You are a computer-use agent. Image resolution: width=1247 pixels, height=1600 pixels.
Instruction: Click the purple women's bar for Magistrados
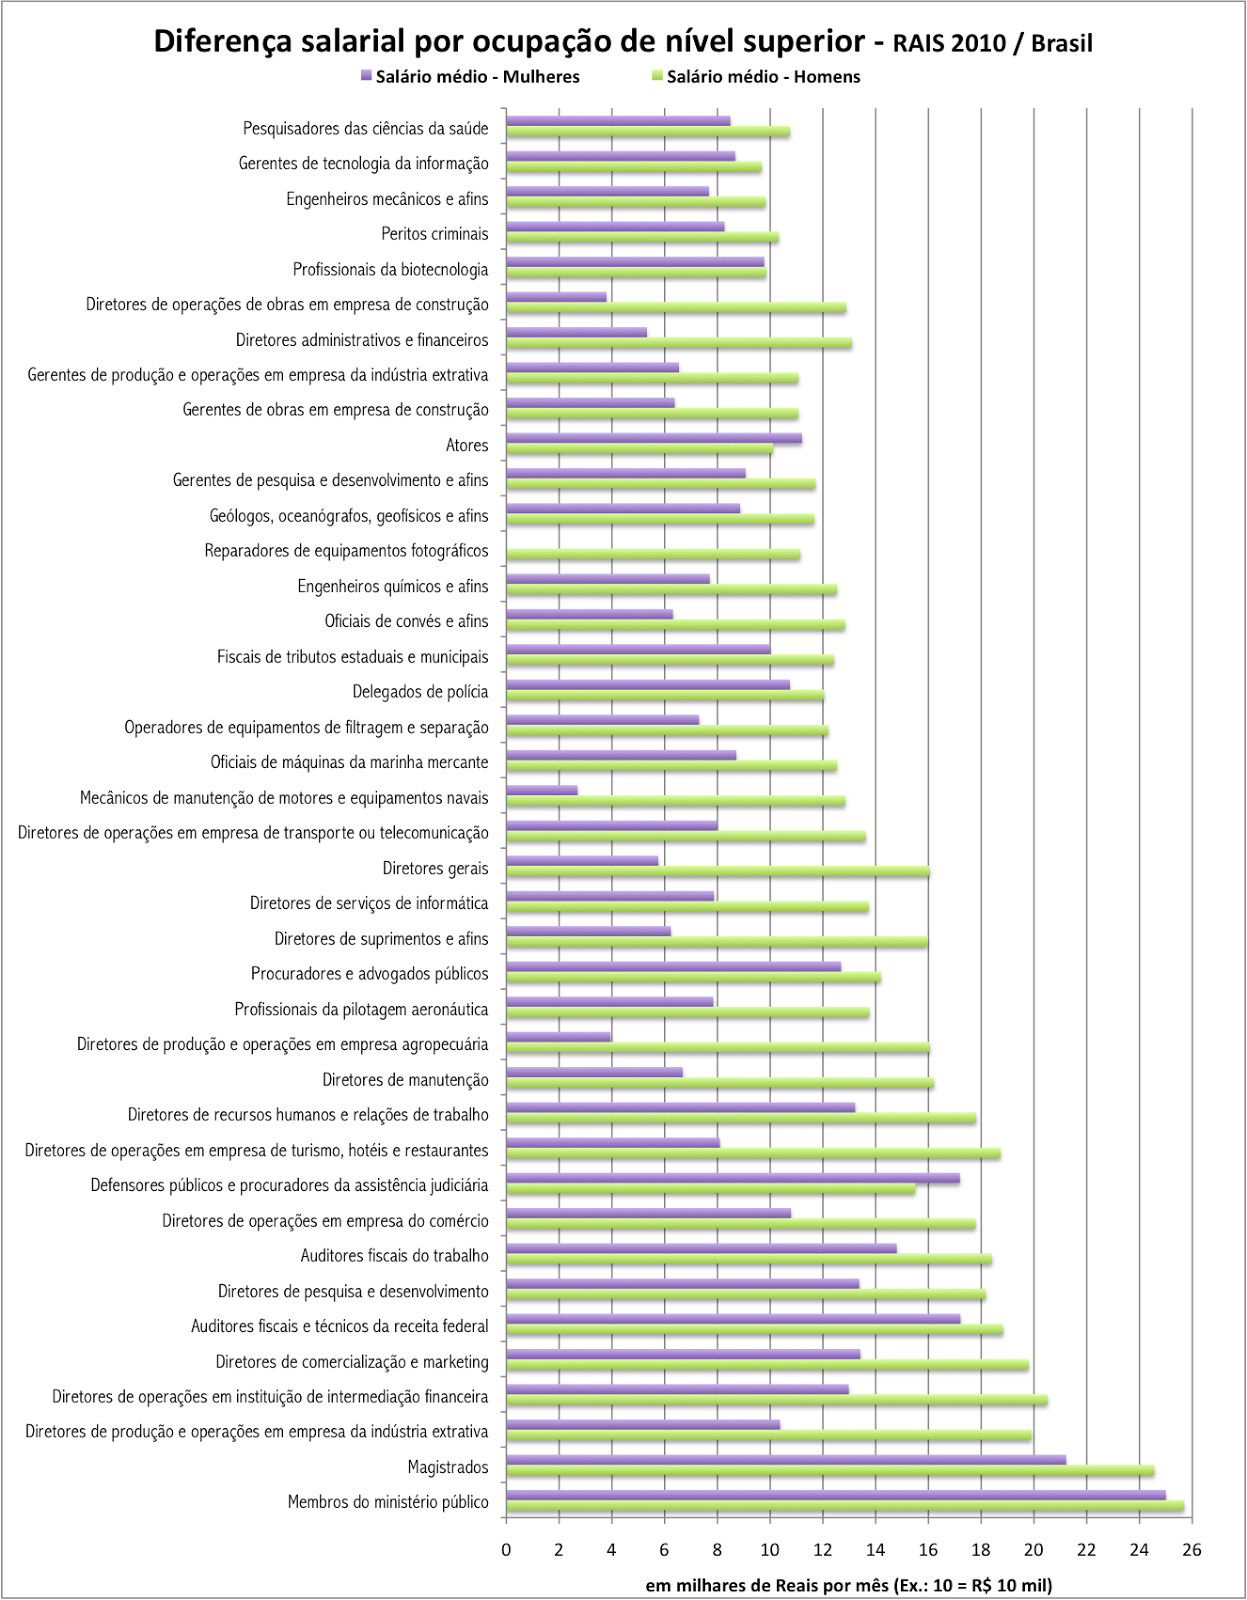click(x=785, y=1460)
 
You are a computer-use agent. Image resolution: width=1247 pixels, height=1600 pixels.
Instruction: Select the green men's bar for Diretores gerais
click(x=717, y=872)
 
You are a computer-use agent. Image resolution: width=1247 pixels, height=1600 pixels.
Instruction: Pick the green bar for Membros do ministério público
click(x=844, y=1506)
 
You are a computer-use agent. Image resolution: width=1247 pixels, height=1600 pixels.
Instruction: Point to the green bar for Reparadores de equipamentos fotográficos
click(x=652, y=555)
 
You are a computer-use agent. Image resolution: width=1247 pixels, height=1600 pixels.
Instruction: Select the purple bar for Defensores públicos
click(x=732, y=1178)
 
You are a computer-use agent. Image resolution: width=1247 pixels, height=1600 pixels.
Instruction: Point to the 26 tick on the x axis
click(x=1191, y=1550)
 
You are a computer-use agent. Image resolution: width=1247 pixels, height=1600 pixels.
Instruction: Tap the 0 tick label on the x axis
click(x=506, y=1550)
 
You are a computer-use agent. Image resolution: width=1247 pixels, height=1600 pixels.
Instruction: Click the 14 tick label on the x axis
click(x=875, y=1550)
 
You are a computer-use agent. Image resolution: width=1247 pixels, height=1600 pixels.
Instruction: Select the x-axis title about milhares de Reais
click(x=848, y=1585)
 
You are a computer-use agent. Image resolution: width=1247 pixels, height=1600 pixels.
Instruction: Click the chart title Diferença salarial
click(x=622, y=43)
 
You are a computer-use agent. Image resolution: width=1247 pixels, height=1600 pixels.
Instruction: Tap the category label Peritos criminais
click(x=434, y=234)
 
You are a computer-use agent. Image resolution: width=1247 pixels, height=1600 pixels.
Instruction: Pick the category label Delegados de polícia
click(x=420, y=692)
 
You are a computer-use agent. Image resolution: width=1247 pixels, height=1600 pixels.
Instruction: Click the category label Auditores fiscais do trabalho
click(x=394, y=1256)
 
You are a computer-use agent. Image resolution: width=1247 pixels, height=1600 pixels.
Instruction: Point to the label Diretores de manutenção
click(x=405, y=1080)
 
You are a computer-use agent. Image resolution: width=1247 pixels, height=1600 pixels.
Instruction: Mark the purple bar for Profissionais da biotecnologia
click(x=635, y=262)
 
